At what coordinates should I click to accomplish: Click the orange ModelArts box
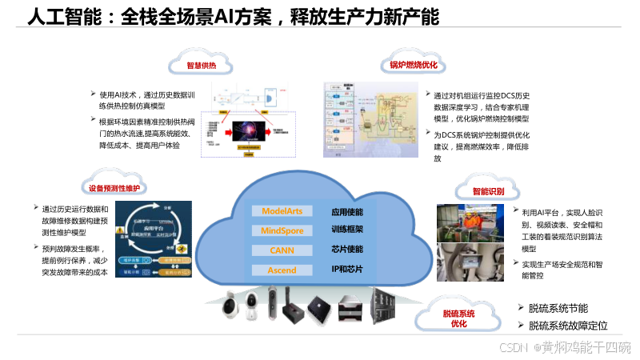click(x=282, y=211)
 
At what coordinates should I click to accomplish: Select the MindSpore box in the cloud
click(x=282, y=230)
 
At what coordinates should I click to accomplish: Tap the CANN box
click(x=282, y=250)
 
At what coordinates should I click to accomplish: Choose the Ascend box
click(x=282, y=270)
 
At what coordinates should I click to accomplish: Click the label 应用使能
click(x=347, y=212)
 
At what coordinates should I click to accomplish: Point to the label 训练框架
click(x=347, y=230)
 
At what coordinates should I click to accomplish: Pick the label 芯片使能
click(x=347, y=250)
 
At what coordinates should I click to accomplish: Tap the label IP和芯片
click(x=347, y=270)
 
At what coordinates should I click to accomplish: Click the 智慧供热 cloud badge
click(x=201, y=65)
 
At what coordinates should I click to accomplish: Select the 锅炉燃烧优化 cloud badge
click(x=413, y=64)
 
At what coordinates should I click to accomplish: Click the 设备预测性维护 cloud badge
click(x=114, y=188)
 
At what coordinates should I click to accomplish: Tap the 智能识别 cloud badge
click(x=487, y=192)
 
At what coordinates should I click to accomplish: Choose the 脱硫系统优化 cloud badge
click(x=458, y=318)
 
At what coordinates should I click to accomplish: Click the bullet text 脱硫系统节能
click(x=558, y=308)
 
